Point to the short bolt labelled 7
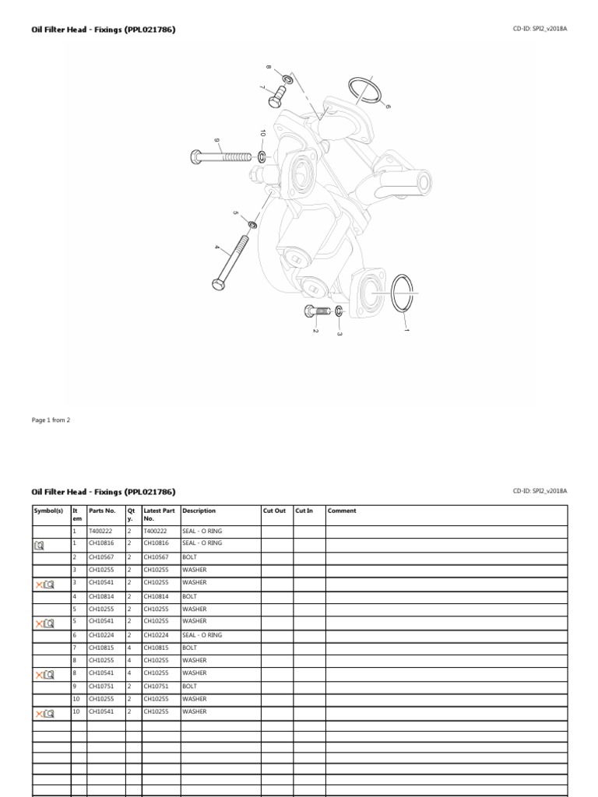coord(277,98)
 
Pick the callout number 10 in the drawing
coord(263,134)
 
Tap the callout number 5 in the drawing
coord(235,212)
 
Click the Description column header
coord(199,511)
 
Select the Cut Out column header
coord(275,511)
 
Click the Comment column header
coord(342,511)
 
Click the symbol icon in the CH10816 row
coord(40,545)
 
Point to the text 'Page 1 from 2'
coord(51,420)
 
